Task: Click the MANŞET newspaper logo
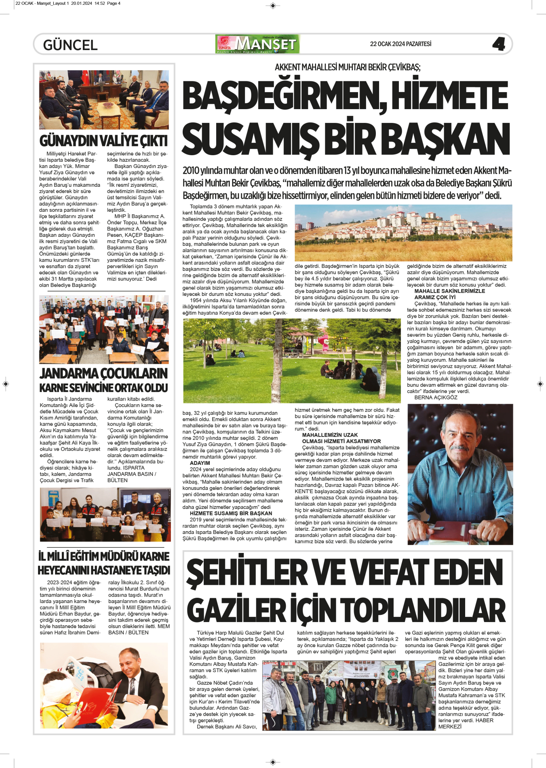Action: coord(258,44)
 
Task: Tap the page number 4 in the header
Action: coord(499,44)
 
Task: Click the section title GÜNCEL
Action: coord(70,45)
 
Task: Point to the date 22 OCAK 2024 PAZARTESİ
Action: coord(401,44)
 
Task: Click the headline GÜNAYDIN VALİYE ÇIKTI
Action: coord(103,141)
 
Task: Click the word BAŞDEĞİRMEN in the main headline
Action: coord(283,96)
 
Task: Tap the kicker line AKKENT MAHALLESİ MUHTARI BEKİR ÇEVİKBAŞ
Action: coord(348,67)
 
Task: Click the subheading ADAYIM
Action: coord(200,463)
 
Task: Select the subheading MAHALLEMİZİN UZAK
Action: coord(330,435)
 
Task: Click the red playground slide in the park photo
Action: coord(324,342)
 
